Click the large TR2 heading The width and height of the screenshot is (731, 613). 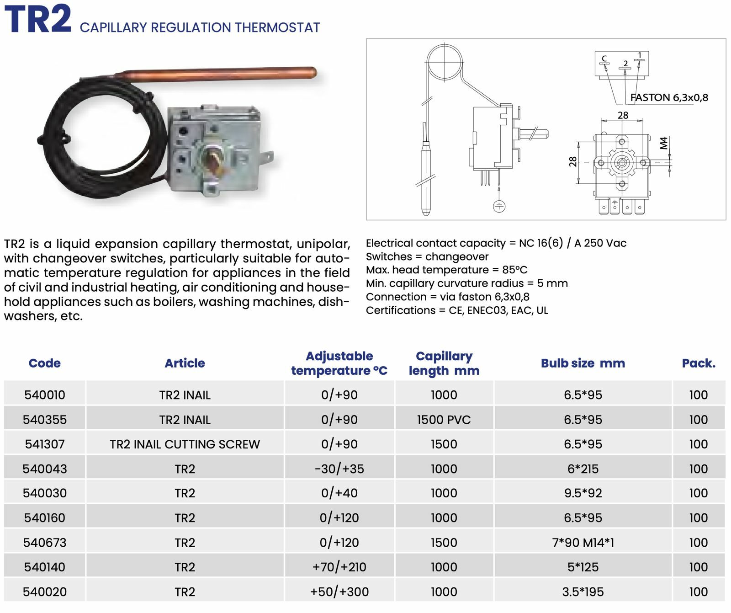pos(38,19)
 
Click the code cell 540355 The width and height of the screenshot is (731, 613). pos(45,419)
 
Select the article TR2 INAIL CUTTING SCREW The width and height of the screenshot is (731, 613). pos(185,444)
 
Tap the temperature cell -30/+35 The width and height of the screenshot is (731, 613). pos(339,469)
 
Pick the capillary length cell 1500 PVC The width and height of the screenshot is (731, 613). pos(444,419)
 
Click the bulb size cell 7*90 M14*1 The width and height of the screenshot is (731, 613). pos(583,542)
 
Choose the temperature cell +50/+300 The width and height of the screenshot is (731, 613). pos(339,592)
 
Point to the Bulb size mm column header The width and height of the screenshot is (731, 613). pos(583,363)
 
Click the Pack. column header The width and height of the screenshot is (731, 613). pos(698,363)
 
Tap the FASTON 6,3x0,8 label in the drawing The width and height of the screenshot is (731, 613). pos(669,97)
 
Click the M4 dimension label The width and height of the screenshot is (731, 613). pos(664,143)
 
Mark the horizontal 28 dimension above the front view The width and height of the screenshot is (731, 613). pos(623,115)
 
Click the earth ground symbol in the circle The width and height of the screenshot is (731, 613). pos(499,206)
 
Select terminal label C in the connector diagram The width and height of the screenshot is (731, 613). pos(604,59)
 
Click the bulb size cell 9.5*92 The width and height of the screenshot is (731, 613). pos(583,493)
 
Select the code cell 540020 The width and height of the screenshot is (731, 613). pos(45,592)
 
